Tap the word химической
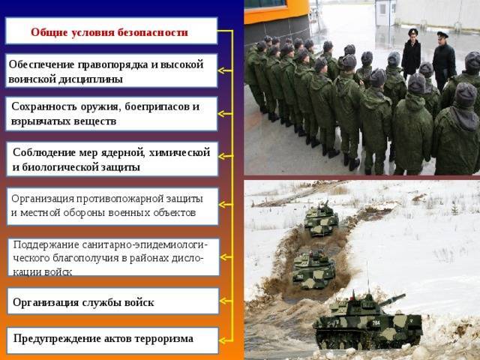pyautogui.click(x=179, y=152)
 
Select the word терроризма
pyautogui.click(x=163, y=339)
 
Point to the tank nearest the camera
pyautogui.click(x=367, y=322)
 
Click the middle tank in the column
pyautogui.click(x=313, y=270)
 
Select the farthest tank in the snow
pyautogui.click(x=321, y=219)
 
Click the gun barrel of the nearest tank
pyautogui.click(x=392, y=299)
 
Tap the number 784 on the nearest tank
pyautogui.click(x=376, y=322)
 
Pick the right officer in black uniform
pyautogui.click(x=443, y=61)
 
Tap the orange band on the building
pyautogui.click(x=277, y=13)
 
